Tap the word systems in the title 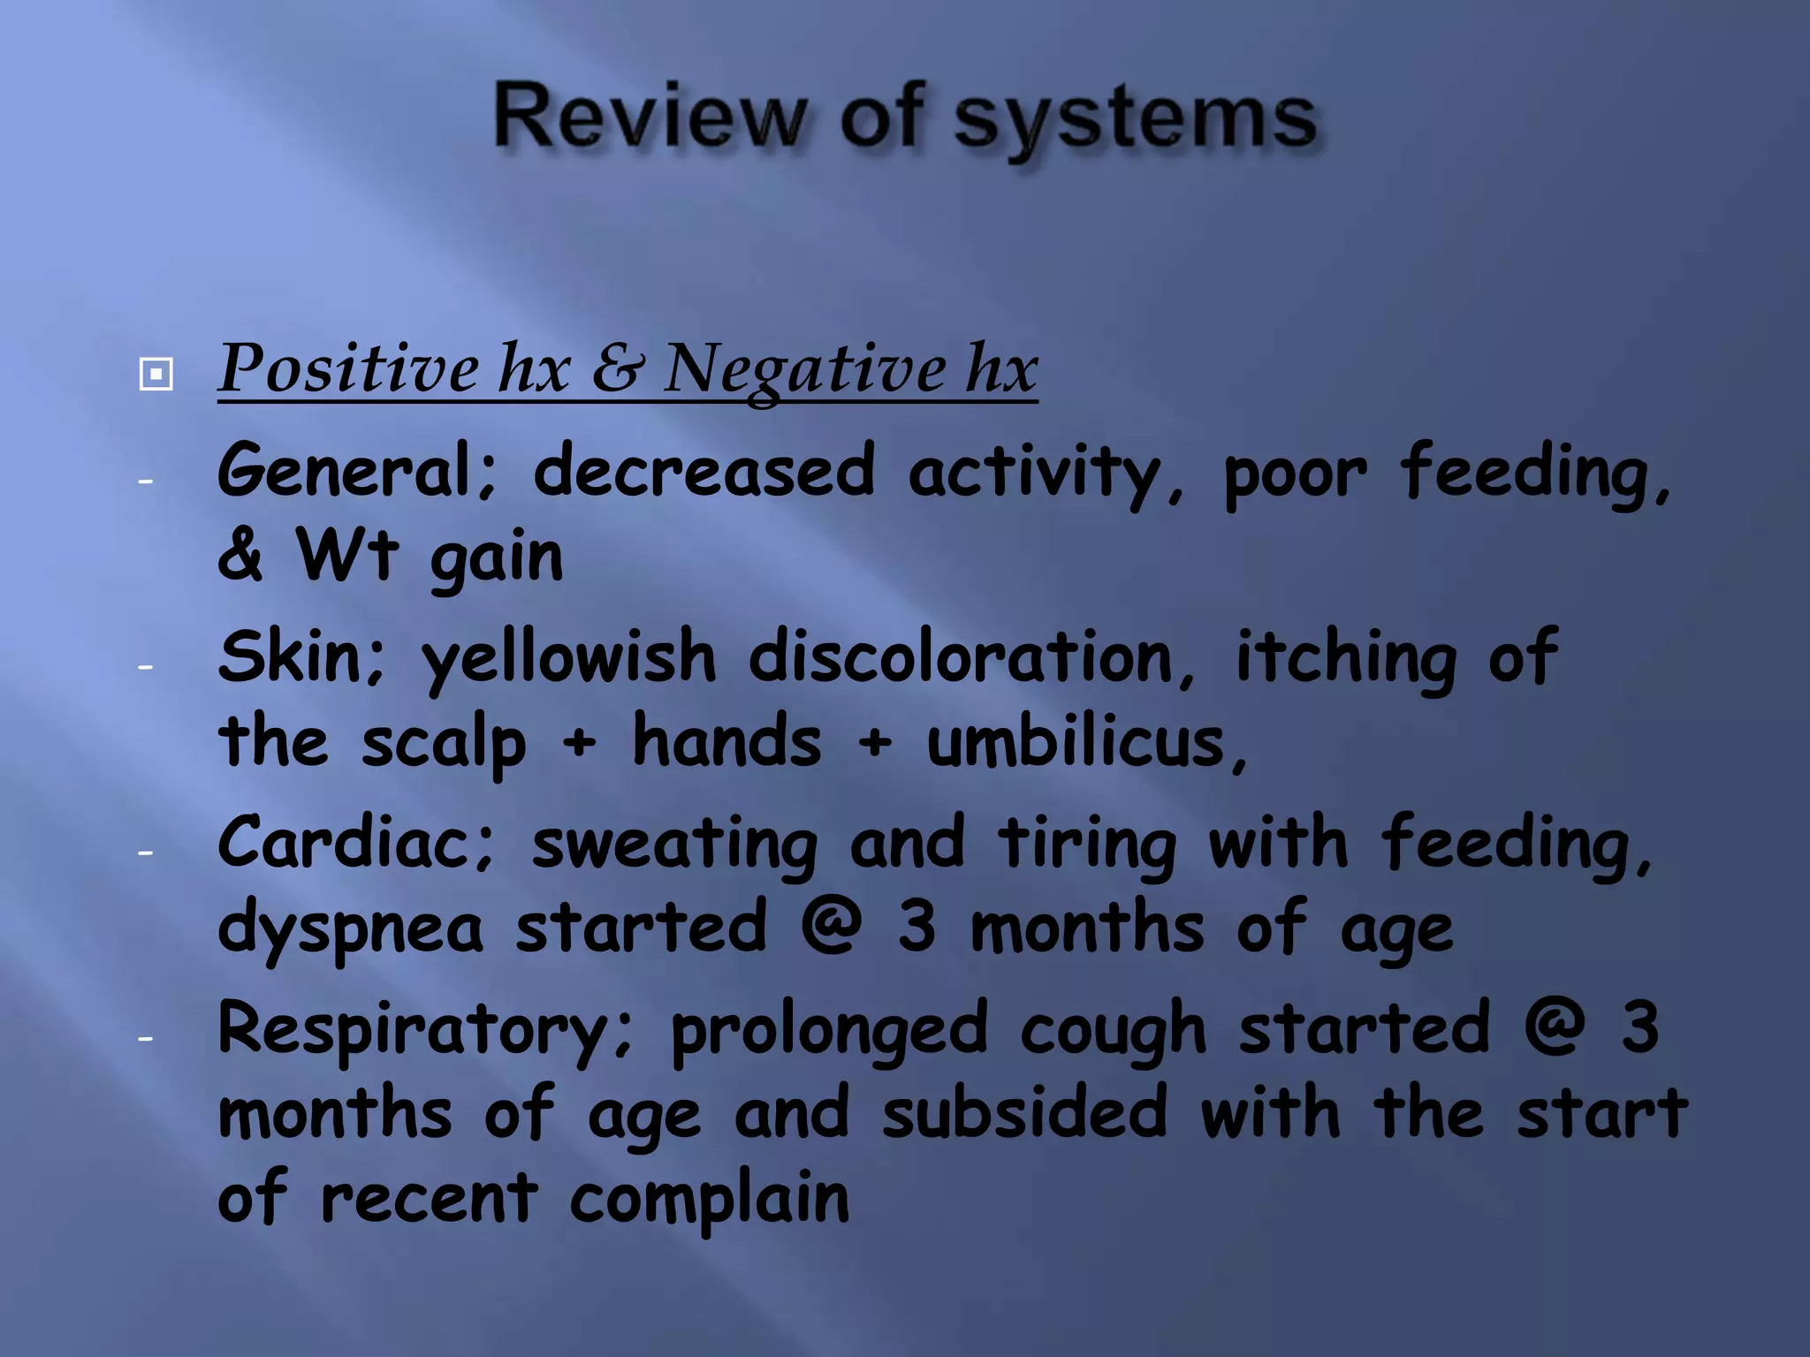point(1135,120)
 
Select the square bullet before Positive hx point(156,374)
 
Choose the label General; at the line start point(358,471)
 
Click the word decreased point(704,471)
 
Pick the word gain point(496,558)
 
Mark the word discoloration point(971,658)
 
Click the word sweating point(674,844)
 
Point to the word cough point(1113,1030)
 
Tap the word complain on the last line point(709,1200)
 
